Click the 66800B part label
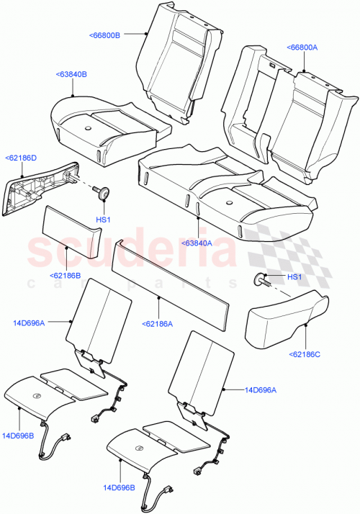tap(105, 34)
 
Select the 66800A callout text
tap(302, 47)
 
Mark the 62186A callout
tap(158, 324)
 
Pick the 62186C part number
tap(305, 354)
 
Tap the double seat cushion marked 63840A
tap(223, 187)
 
